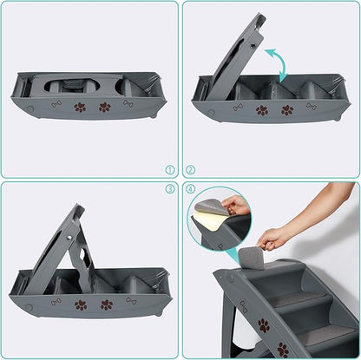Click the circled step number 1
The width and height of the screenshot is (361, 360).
pos(170,171)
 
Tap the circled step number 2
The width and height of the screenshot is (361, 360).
pos(191,171)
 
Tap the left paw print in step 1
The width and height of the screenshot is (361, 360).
pos(80,108)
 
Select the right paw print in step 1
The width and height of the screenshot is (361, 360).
pos(105,108)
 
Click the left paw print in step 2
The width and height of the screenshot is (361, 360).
pos(262,110)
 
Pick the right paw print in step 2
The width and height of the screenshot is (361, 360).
pos(287,110)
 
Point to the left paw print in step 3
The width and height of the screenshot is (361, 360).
pos(81,305)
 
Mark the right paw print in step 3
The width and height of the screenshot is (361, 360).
pos(106,305)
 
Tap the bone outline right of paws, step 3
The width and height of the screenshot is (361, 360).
pos(131,301)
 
